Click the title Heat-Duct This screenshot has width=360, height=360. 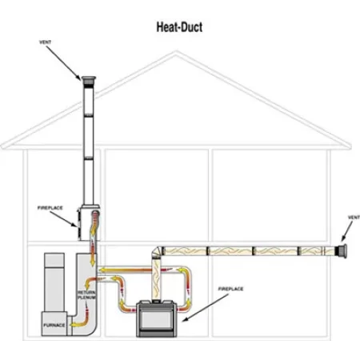[x=179, y=27]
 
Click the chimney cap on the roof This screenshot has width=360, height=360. [x=87, y=78]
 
